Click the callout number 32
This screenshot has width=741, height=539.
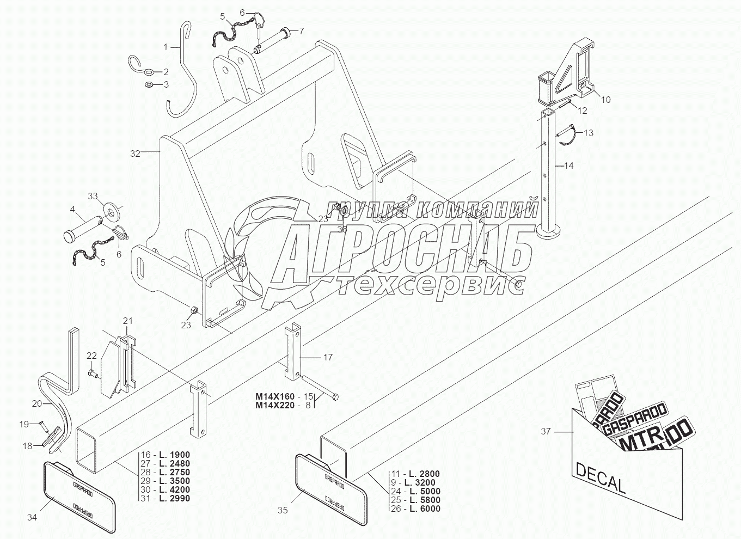[x=135, y=154]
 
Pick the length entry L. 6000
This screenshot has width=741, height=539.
[x=425, y=509]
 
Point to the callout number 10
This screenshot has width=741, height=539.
[x=605, y=99]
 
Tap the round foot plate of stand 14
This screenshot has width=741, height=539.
[x=550, y=232]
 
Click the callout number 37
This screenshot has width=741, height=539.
[x=546, y=431]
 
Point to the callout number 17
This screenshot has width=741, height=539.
[x=328, y=357]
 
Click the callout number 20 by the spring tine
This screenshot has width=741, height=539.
[x=37, y=403]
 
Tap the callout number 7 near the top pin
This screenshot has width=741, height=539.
[x=301, y=30]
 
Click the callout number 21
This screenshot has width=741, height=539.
[x=127, y=320]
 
